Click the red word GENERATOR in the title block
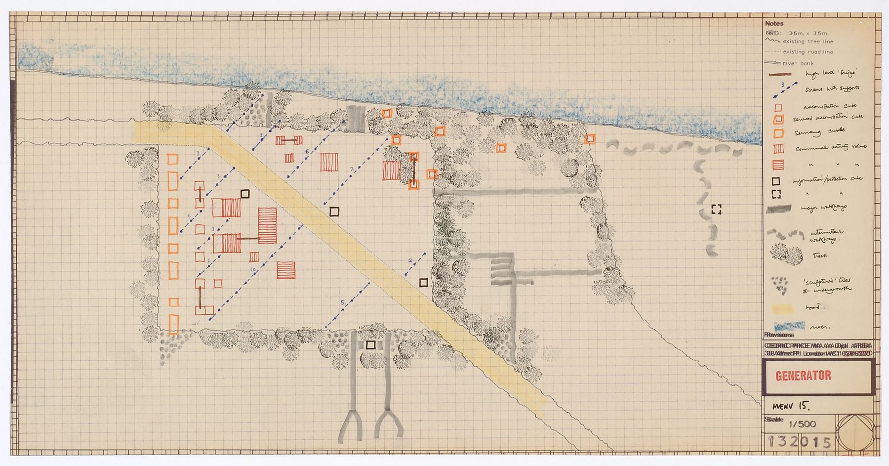[x=803, y=376]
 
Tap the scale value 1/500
[x=803, y=424]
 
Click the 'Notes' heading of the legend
[x=774, y=23]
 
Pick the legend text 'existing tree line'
[x=808, y=42]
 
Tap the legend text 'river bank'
[x=798, y=63]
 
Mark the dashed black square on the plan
[x=716, y=210]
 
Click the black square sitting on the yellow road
[x=334, y=212]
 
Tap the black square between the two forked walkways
[x=371, y=344]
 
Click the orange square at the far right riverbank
[x=589, y=139]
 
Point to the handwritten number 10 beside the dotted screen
[x=253, y=270]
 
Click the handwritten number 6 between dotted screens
[x=307, y=151]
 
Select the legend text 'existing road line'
[x=808, y=52]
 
